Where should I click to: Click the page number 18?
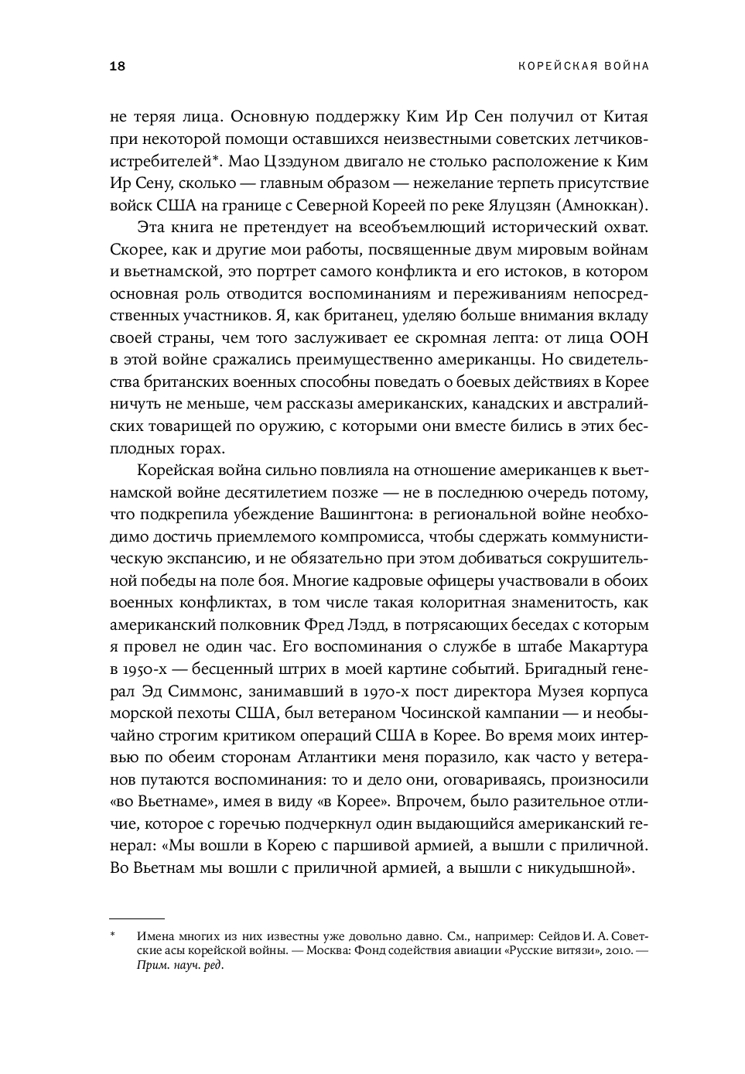118,67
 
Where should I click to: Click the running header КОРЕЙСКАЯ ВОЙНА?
583,67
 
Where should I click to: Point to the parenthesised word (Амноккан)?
604,206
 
